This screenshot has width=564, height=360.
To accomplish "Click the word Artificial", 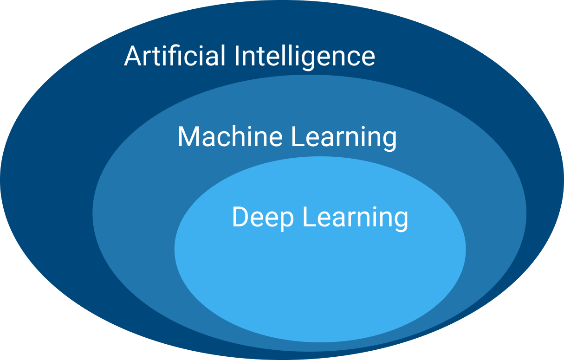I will (175, 56).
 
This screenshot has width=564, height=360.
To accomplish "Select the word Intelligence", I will (305, 57).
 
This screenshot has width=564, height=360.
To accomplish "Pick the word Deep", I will (263, 217).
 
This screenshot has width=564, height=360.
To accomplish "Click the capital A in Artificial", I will (133, 56).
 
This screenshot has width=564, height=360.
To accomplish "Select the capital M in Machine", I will (189, 136).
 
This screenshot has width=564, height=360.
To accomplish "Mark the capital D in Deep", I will (240, 217).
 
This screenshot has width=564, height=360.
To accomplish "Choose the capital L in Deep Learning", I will (308, 217).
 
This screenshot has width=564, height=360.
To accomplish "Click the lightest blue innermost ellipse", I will (320, 278).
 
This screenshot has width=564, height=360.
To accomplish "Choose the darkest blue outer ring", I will (46, 186).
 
